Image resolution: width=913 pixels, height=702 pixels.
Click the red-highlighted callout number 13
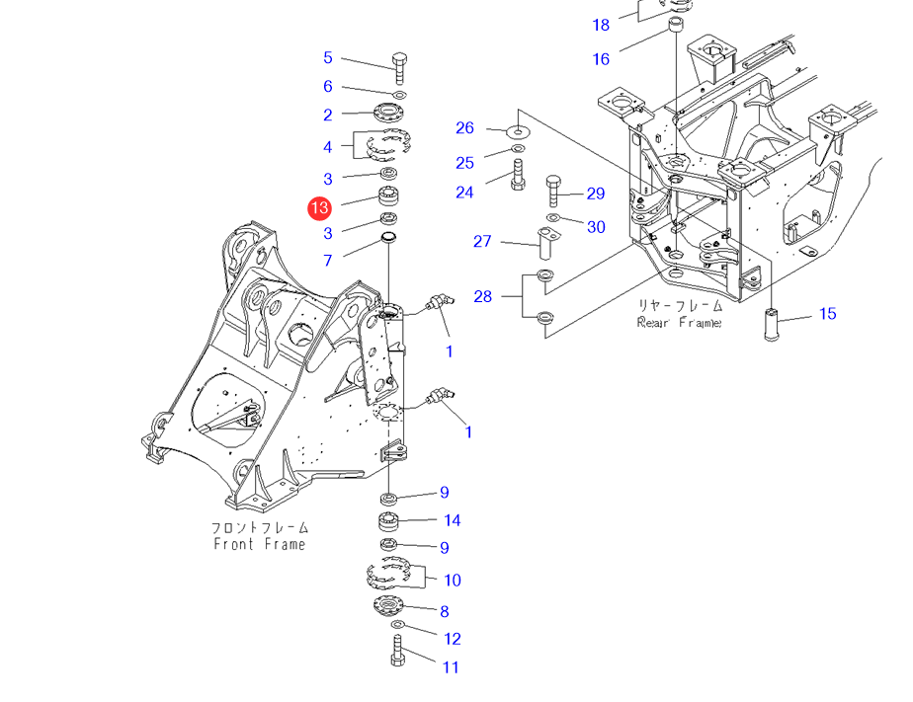pyautogui.click(x=319, y=207)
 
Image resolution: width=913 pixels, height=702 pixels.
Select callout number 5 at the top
pyautogui.click(x=328, y=58)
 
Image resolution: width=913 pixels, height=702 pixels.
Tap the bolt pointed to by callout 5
pyautogui.click(x=398, y=67)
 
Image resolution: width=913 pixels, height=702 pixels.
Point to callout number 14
pyautogui.click(x=452, y=520)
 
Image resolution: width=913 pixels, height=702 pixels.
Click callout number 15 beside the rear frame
pyautogui.click(x=828, y=314)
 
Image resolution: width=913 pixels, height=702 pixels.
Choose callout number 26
pyautogui.click(x=464, y=128)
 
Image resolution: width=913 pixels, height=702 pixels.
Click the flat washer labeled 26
pyautogui.click(x=517, y=130)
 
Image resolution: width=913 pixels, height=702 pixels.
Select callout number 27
pyautogui.click(x=482, y=241)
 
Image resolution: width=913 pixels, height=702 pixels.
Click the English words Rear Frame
pyautogui.click(x=679, y=322)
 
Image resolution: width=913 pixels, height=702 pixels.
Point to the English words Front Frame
pyautogui.click(x=260, y=544)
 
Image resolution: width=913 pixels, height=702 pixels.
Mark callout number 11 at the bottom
pyautogui.click(x=451, y=667)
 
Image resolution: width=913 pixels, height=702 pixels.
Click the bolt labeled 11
pyautogui.click(x=397, y=652)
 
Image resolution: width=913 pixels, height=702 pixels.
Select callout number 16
pyautogui.click(x=601, y=59)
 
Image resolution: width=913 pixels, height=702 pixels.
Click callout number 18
pyautogui.click(x=601, y=25)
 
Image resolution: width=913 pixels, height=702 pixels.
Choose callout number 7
pyautogui.click(x=328, y=261)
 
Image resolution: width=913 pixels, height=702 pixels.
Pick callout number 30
pyautogui.click(x=596, y=227)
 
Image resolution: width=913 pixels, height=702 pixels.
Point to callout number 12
pyautogui.click(x=452, y=639)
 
